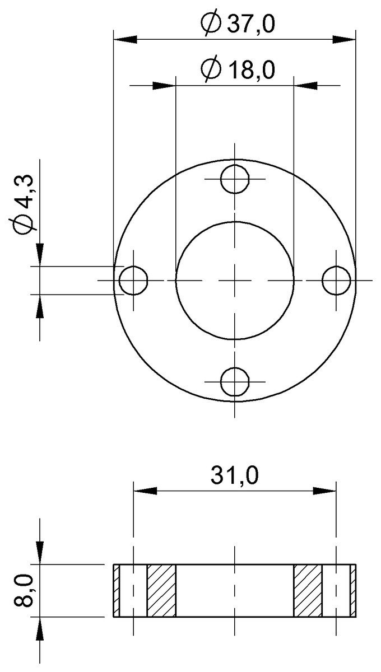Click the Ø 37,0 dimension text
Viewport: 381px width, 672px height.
tap(238, 25)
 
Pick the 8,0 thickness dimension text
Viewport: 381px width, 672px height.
tap(26, 590)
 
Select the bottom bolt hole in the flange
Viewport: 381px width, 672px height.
tap(235, 381)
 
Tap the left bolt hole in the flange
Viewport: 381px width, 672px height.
tap(133, 280)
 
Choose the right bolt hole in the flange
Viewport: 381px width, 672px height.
tap(336, 280)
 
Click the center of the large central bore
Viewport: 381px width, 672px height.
tap(235, 280)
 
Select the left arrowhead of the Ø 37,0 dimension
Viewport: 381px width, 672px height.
tap(124, 39)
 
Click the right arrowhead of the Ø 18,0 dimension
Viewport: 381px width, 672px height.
tap(305, 85)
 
